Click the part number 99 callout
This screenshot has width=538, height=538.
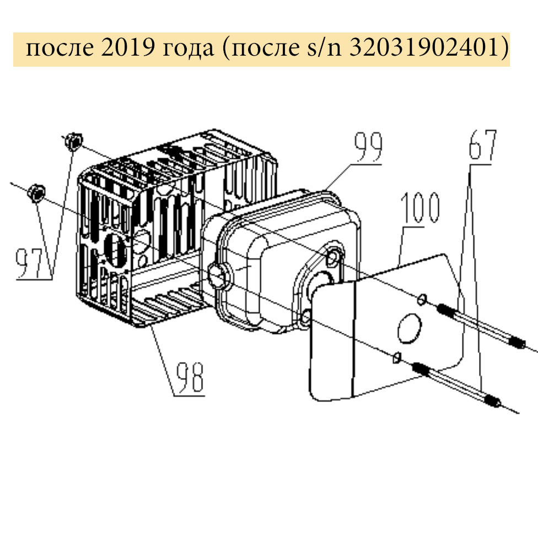tap(368, 147)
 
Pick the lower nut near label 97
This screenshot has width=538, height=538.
tap(36, 193)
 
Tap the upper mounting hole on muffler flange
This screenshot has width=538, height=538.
tap(334, 257)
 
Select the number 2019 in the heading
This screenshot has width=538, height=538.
tap(130, 49)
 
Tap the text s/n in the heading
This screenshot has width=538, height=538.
tap(318, 49)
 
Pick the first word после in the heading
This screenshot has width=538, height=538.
tap(57, 49)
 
